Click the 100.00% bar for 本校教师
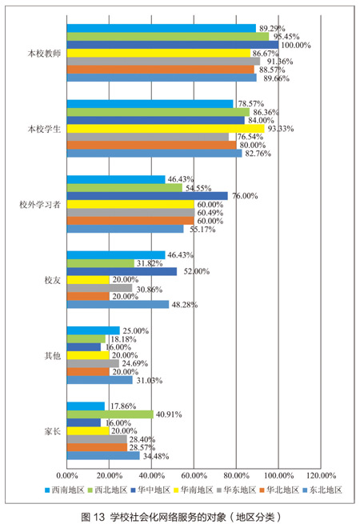click(173, 45)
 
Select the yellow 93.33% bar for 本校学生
click(166, 129)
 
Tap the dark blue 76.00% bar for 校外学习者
click(147, 196)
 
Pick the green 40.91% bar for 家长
click(110, 414)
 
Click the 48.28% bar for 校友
click(118, 305)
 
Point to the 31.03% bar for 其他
click(100, 380)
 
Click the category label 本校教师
click(44, 54)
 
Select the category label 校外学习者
click(40, 205)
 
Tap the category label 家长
click(53, 431)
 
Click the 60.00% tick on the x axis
click(194, 475)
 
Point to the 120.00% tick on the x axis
click(321, 475)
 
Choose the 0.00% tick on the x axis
click(67, 475)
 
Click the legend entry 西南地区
click(65, 490)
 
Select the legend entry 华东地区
click(236, 490)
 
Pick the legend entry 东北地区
click(322, 490)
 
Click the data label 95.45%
click(286, 37)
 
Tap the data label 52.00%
click(197, 271)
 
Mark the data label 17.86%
click(123, 406)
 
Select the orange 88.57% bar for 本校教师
click(161, 70)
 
